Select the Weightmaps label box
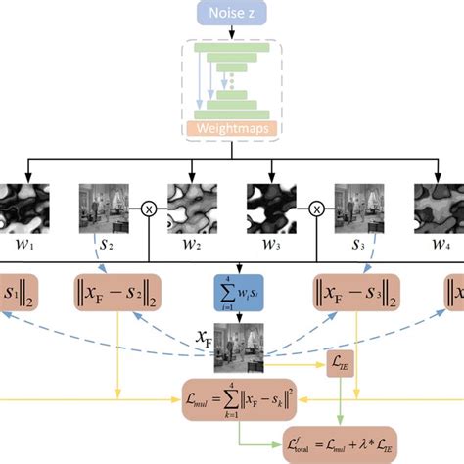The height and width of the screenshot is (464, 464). click(232, 128)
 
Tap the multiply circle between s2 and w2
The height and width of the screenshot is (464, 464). click(149, 208)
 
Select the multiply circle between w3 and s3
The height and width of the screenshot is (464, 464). click(316, 208)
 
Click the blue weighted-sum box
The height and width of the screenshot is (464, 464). click(232, 293)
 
